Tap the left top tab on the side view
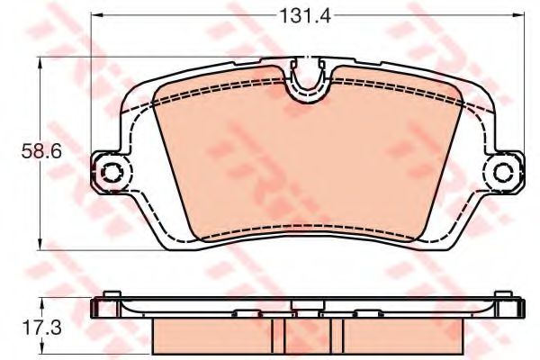(x=112, y=294)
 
